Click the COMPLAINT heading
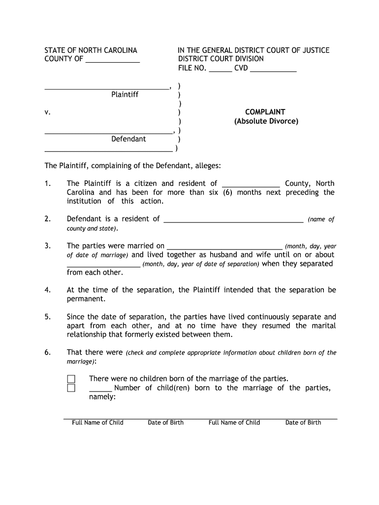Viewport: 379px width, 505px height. point(265,112)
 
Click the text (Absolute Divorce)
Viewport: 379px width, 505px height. point(266,121)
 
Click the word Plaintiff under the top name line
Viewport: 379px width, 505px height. point(125,94)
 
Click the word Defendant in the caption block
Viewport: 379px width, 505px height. point(128,139)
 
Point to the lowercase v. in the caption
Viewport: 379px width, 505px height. point(48,112)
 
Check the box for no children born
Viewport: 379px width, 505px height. point(71,379)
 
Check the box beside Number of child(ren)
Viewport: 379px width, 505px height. point(71,388)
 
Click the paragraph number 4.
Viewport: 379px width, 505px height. point(48,290)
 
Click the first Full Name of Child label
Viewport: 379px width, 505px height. point(97,422)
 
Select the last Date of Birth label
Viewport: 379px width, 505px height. point(303,422)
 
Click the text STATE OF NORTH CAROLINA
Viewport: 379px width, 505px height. point(91,50)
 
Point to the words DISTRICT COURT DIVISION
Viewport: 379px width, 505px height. point(221,59)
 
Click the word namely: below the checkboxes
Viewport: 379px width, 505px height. point(102,397)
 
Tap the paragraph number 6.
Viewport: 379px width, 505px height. point(48,352)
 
